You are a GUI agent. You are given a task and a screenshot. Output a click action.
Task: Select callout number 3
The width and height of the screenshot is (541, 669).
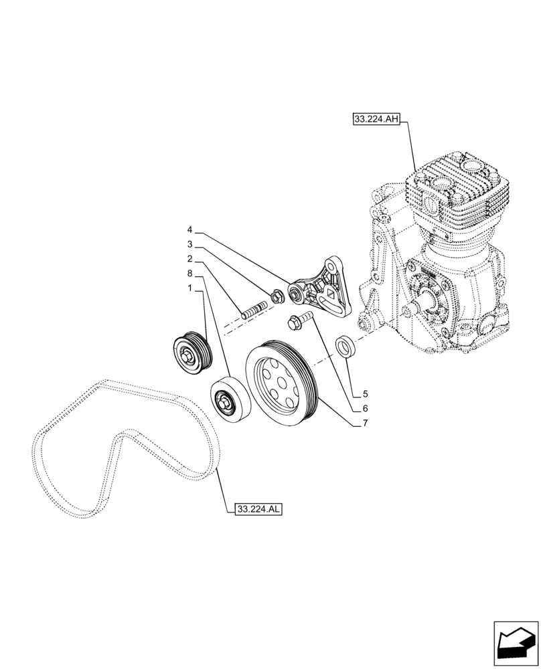pos(190,245)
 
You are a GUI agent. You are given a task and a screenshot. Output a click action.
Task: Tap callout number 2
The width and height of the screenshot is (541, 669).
pos(190,258)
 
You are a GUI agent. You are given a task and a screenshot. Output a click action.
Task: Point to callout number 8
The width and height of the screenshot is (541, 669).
pos(190,274)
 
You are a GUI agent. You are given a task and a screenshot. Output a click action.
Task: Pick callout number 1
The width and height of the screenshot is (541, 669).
pos(190,288)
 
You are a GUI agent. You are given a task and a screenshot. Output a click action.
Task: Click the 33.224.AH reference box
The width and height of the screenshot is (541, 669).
pos(376,120)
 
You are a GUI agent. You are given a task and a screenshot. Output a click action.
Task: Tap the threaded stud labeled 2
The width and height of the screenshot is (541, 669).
pos(254,310)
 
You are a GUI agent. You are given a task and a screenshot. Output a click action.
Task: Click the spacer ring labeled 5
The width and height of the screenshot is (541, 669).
pos(345,347)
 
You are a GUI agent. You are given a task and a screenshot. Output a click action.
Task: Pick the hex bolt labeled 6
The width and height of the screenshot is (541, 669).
pos(298,320)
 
